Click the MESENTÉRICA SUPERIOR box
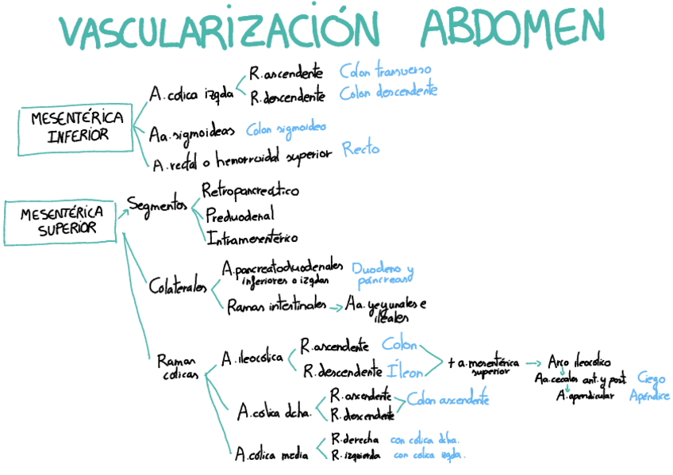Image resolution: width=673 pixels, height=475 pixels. (62, 221)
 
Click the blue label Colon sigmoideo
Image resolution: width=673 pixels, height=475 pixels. (286, 128)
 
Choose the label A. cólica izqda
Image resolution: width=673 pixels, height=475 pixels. (191, 94)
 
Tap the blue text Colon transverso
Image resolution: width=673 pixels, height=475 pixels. (386, 70)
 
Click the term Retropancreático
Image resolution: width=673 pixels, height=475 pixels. (250, 191)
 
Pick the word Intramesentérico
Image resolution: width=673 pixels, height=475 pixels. (253, 237)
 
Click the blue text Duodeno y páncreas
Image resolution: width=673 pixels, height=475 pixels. (383, 274)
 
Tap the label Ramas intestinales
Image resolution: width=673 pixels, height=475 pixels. (275, 305)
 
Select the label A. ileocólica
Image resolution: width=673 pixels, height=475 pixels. (252, 358)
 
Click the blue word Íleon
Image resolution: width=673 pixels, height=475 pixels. (400, 369)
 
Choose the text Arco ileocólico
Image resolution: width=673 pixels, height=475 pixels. (579, 362)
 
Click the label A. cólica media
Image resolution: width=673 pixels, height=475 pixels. (271, 455)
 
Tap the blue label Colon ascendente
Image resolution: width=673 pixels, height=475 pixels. (448, 400)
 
